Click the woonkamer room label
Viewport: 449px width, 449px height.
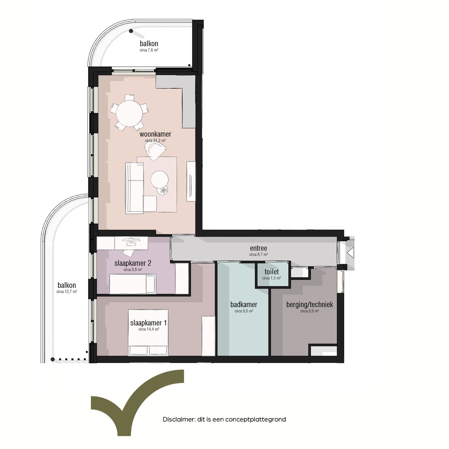pos(155,134)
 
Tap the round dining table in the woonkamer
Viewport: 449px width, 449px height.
pos(129,113)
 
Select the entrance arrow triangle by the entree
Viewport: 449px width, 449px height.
pos(351,252)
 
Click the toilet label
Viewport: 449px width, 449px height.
pos(272,272)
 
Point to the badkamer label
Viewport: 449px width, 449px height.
pos(244,304)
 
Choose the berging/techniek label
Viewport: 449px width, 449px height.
pos(309,304)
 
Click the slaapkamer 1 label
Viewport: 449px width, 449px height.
pos(148,323)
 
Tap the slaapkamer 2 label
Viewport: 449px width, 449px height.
pos(133,263)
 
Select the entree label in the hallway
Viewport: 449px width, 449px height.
pos(258,248)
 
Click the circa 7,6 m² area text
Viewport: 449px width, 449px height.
pos(149,50)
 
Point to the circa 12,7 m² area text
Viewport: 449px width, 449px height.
pos(67,292)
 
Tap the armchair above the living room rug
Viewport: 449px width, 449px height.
pos(155,151)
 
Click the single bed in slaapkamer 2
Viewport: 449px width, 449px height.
pos(133,284)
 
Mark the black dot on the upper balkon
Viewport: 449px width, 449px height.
pos(131,31)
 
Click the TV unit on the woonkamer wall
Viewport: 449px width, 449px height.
pos(191,181)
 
